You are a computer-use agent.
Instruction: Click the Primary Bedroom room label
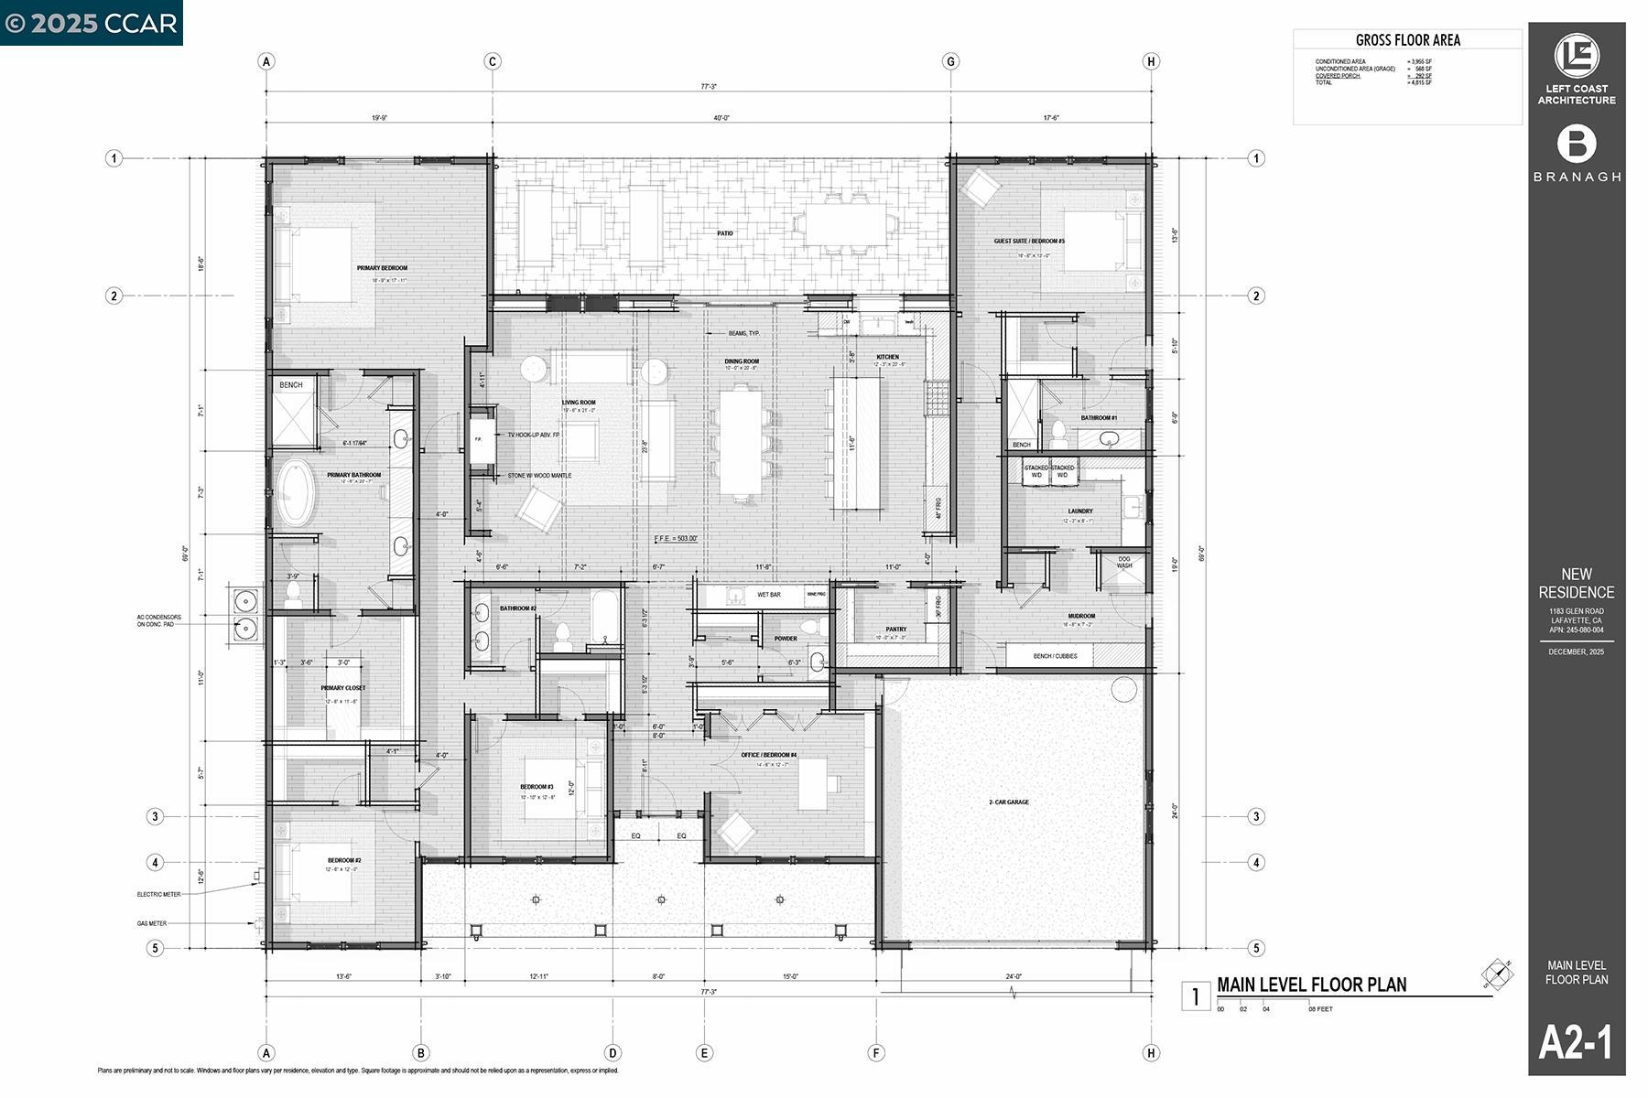pyautogui.click(x=382, y=268)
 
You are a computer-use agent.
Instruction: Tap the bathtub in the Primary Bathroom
pyautogui.click(x=296, y=493)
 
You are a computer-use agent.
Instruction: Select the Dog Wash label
pyautogui.click(x=1123, y=562)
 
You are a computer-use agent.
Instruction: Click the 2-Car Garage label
pyautogui.click(x=1008, y=802)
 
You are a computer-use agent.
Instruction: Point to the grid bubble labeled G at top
pyautogui.click(x=950, y=61)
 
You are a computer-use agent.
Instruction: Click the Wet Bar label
pyautogui.click(x=768, y=595)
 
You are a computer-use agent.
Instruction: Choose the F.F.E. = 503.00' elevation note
pyautogui.click(x=676, y=539)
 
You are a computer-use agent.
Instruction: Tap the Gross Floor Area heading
pyautogui.click(x=1407, y=40)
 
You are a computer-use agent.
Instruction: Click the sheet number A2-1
pyautogui.click(x=1576, y=1042)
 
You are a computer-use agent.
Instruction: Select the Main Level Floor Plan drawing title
pyautogui.click(x=1311, y=985)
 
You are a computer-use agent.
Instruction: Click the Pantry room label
pyautogui.click(x=895, y=630)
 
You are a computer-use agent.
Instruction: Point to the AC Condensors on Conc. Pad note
pyautogui.click(x=159, y=620)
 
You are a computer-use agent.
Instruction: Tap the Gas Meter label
pyautogui.click(x=152, y=923)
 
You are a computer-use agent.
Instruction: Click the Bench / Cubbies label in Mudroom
pyautogui.click(x=1055, y=656)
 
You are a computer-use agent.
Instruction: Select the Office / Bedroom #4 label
pyautogui.click(x=768, y=755)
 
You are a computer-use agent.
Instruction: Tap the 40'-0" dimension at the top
pyautogui.click(x=721, y=118)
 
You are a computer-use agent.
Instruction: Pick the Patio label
pyautogui.click(x=724, y=233)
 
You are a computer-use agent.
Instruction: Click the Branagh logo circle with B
pyautogui.click(x=1577, y=145)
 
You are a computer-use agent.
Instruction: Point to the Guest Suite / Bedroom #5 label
pyautogui.click(x=1029, y=242)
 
